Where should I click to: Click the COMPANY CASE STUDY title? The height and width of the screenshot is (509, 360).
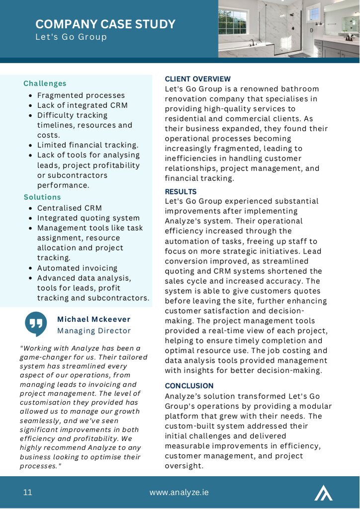tap(105, 24)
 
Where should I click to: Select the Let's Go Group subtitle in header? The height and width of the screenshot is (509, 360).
tap(71, 37)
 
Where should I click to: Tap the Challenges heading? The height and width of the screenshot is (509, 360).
tap(45, 84)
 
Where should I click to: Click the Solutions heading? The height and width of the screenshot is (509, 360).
tap(42, 197)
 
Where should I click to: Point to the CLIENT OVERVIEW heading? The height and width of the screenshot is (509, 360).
tap(198, 79)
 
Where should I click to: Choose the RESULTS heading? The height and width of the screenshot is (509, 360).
tap(180, 191)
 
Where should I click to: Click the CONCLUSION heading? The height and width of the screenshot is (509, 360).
tap(189, 386)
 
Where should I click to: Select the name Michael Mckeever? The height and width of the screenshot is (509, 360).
tap(94, 319)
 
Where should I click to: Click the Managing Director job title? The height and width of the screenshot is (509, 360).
tap(94, 331)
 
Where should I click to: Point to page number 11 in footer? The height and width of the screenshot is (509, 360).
tap(27, 493)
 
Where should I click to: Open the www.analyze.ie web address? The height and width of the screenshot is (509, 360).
tap(179, 493)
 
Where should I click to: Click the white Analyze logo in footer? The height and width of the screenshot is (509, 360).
tap(324, 492)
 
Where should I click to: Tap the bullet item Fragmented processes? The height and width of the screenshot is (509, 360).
tap(81, 95)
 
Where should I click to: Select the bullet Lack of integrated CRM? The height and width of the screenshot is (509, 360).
tap(83, 105)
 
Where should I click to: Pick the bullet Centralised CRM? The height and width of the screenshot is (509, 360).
tap(70, 208)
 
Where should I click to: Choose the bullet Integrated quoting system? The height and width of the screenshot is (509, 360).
tap(89, 218)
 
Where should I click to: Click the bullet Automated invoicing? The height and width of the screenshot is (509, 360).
tap(78, 268)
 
